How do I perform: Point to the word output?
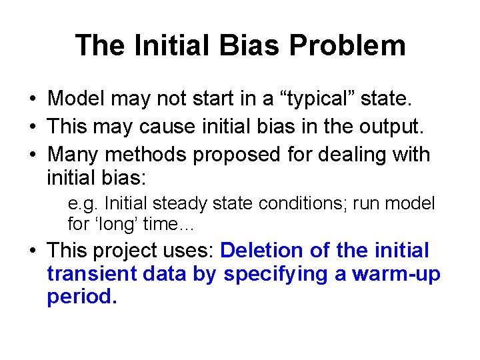pos(386,127)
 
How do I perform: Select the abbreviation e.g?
pos(83,203)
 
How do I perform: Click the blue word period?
pos(81,297)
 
